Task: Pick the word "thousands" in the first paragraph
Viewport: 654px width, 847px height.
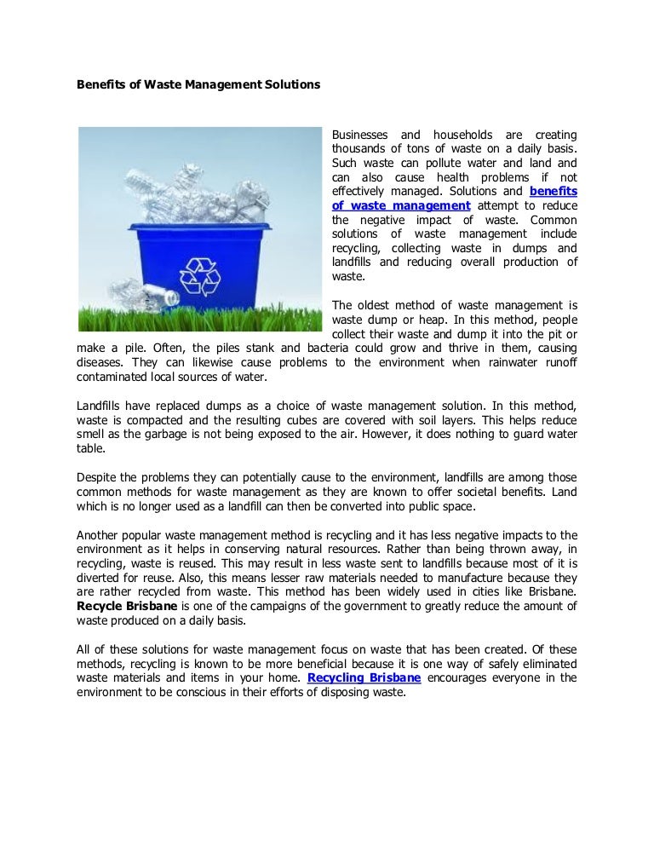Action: tap(359, 149)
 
